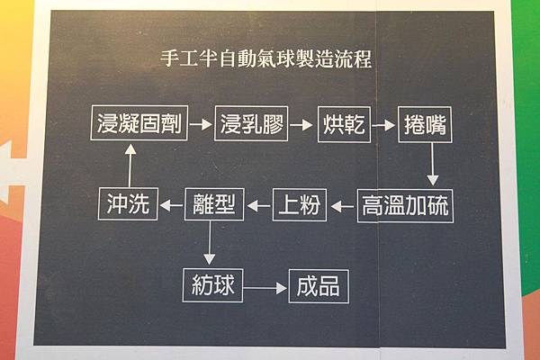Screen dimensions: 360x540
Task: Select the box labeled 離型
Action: pos(213,206)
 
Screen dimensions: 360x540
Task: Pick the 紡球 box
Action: pos(212,287)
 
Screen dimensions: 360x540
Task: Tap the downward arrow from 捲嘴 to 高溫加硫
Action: pos(433,165)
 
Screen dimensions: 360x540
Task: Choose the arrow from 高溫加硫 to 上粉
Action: pos(342,207)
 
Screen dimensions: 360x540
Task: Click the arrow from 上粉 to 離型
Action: pos(259,207)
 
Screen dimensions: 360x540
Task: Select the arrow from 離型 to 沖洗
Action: pos(171,207)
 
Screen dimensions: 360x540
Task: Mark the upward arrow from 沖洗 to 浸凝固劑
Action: pos(128,166)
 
